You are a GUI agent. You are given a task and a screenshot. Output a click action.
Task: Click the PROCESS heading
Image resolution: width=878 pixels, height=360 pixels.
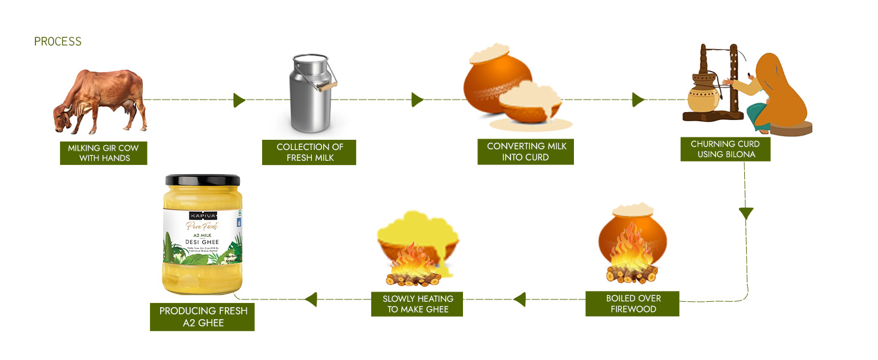coord(58,41)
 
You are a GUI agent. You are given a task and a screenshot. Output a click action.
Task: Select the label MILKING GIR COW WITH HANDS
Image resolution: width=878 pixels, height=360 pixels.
coord(104,153)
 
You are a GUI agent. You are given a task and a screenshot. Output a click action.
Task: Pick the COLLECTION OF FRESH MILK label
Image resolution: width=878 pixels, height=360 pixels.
coord(309,152)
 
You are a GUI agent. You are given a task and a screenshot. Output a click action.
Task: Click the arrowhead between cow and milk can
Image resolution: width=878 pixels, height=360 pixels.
coord(239,100)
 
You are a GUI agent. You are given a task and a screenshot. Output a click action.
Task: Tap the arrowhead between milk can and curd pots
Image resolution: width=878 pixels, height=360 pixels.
coord(417,100)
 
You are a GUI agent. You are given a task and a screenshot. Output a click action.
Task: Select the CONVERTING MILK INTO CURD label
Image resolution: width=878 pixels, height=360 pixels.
coord(526,152)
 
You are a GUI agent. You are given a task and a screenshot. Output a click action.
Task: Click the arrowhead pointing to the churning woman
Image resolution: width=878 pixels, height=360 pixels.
coord(638,100)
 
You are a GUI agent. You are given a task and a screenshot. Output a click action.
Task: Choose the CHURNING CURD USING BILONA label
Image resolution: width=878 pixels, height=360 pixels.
coord(725,149)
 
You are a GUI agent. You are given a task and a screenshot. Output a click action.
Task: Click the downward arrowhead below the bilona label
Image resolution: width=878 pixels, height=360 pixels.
coord(745,214)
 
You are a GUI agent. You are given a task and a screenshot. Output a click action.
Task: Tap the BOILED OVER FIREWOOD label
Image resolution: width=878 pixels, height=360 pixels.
coord(633,304)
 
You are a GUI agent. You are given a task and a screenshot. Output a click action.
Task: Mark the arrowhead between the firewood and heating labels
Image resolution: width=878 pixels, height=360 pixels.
coord(519,299)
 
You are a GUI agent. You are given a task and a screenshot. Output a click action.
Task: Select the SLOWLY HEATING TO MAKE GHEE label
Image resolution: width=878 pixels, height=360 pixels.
coord(418,304)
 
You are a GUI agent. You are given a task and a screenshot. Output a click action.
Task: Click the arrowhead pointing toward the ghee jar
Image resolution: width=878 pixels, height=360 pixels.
coord(311,299)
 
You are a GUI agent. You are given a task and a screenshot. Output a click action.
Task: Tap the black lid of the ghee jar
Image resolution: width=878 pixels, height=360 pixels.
coord(203,180)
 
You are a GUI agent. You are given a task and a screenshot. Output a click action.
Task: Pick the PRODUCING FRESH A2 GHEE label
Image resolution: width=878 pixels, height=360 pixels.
coord(203,317)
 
